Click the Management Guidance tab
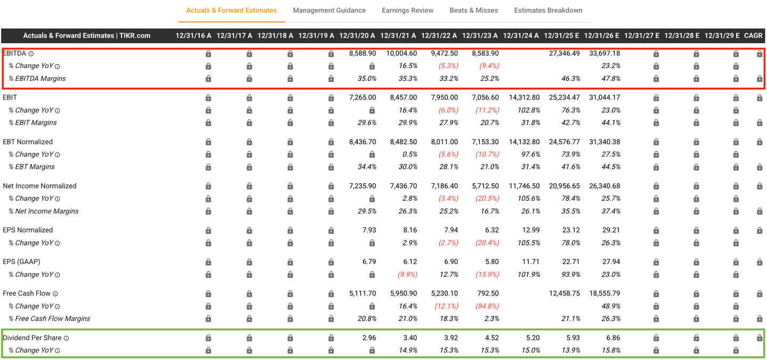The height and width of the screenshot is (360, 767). point(329,10)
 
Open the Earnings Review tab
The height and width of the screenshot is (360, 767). point(407,10)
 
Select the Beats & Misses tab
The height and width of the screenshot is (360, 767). point(474,10)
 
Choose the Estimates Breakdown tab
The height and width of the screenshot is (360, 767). point(548,10)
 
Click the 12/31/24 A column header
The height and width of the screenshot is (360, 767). point(521,36)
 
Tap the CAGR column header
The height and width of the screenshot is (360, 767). point(754,36)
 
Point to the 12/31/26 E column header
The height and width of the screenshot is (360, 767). point(602,36)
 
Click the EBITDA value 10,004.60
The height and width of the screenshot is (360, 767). point(402,53)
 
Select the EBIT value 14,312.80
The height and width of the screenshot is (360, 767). point(524,97)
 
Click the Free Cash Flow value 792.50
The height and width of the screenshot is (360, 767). point(488,293)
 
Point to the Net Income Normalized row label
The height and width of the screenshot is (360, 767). point(39,186)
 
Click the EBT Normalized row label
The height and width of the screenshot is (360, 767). point(28,142)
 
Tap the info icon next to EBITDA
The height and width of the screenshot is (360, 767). point(31,54)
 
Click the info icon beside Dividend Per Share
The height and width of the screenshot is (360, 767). point(67,338)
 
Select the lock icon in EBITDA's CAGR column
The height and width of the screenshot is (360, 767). point(760,54)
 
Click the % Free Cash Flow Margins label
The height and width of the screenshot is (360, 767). point(49,318)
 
